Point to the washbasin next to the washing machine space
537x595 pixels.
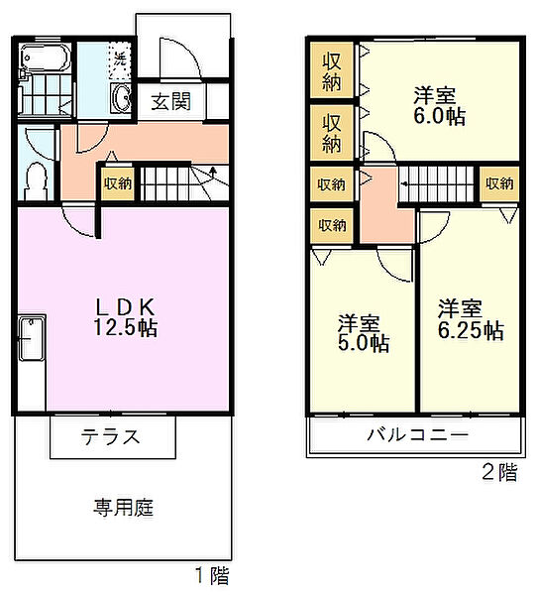coord(123,98)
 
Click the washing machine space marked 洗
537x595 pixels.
coord(119,58)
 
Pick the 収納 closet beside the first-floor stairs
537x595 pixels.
coord(117,183)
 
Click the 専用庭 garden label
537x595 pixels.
coord(124,508)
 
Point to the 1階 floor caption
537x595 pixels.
coord(210,575)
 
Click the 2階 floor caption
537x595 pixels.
coord(498,473)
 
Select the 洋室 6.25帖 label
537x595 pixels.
coord(471,318)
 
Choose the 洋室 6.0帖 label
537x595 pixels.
coord(439,105)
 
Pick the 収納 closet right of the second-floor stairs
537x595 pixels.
coord(499,183)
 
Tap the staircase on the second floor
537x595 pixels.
coord(440,183)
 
